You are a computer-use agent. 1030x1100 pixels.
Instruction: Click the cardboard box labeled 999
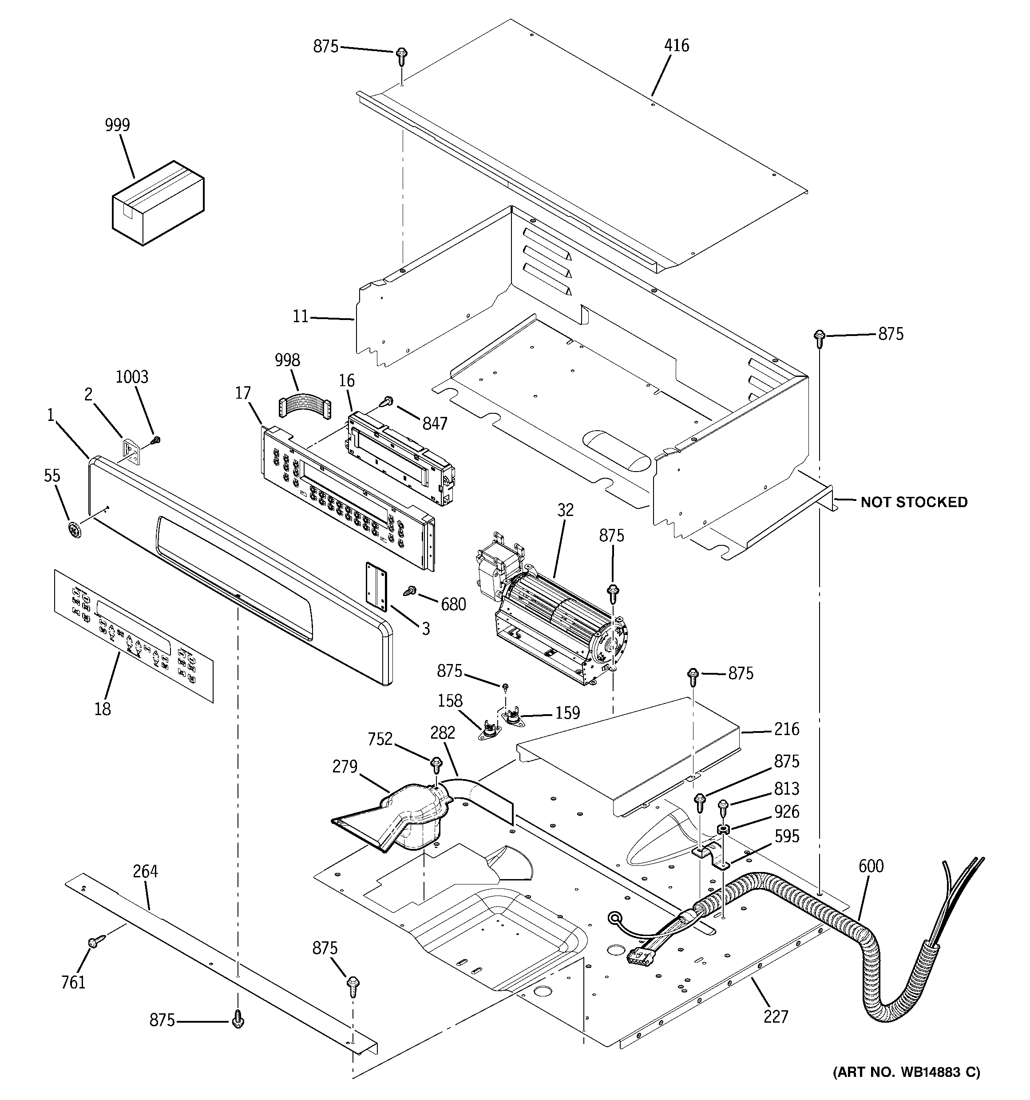(x=158, y=203)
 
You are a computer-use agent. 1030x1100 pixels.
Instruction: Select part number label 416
(x=677, y=46)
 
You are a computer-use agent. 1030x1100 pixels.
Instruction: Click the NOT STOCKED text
(x=914, y=502)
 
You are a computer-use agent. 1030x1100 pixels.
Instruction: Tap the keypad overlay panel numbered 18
(x=133, y=637)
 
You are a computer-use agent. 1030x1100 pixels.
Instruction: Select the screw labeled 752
(x=436, y=765)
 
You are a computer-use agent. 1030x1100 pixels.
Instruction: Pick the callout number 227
(x=775, y=1016)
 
